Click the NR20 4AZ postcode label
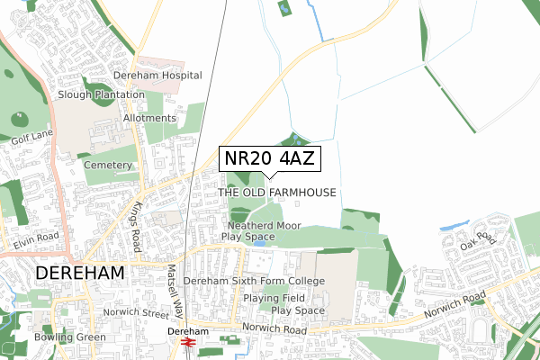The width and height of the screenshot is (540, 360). [270, 158]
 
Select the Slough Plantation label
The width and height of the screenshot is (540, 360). [101, 94]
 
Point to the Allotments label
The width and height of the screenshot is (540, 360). [150, 118]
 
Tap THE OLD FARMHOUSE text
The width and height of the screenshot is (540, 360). [277, 193]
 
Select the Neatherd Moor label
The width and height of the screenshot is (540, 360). [263, 225]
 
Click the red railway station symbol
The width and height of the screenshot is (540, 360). [189, 343]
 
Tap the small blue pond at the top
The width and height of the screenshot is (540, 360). [285, 9]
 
